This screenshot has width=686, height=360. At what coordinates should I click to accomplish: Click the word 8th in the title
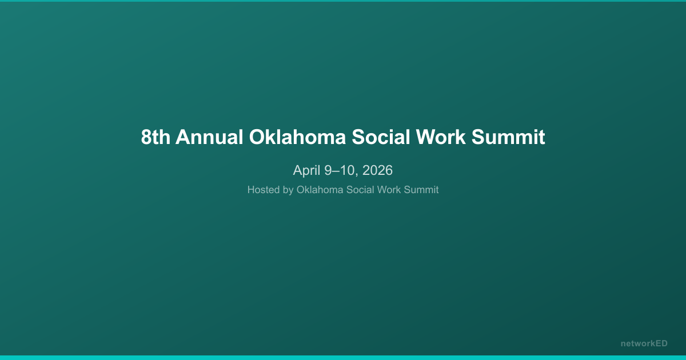click(x=155, y=138)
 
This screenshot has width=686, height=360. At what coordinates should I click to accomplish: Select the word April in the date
click(x=306, y=170)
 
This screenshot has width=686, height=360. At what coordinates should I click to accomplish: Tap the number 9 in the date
click(x=328, y=170)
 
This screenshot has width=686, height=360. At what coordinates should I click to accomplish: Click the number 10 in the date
click(x=345, y=170)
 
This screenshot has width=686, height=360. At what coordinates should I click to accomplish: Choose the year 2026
click(x=377, y=170)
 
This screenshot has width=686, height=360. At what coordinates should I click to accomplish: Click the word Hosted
click(x=264, y=190)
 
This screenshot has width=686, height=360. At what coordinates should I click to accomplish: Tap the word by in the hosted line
click(x=288, y=190)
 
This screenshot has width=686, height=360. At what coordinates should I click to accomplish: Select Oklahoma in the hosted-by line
click(x=321, y=190)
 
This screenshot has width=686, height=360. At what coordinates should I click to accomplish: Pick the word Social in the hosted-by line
click(x=361, y=190)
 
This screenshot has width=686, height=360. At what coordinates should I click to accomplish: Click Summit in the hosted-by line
click(x=421, y=190)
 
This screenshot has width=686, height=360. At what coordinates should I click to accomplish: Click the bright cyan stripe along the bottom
click(x=343, y=358)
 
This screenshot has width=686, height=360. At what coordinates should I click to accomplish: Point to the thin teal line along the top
click(x=343, y=1)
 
